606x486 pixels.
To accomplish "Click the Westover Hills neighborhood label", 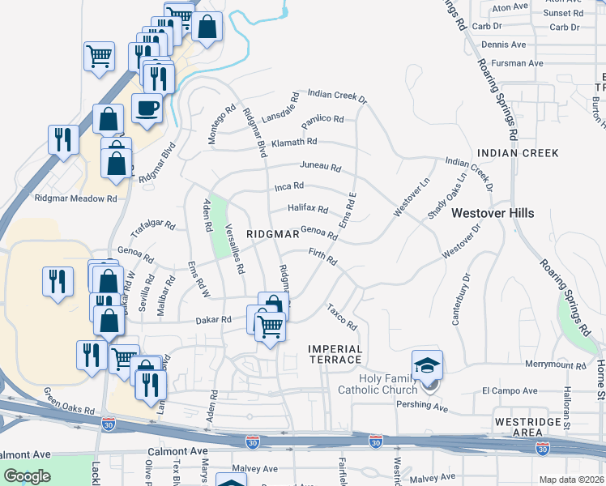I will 493,213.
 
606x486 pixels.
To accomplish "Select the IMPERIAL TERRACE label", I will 335,354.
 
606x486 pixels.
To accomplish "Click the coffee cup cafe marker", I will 147,108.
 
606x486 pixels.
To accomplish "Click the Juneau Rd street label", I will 320,166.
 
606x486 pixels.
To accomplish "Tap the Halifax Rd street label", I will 308,208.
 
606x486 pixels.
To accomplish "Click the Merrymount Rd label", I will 555,365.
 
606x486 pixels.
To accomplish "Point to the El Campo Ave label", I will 510,390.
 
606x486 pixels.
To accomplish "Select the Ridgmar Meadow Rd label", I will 75,198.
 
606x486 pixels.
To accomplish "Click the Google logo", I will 27,476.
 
